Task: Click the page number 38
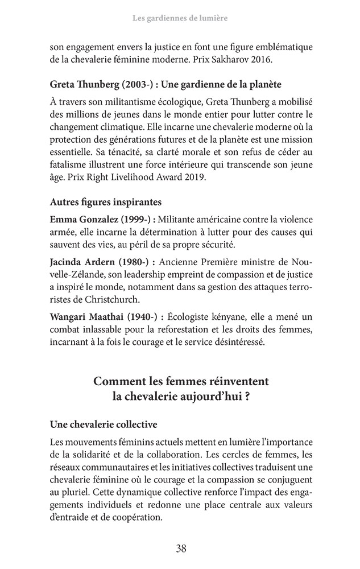tap(181, 549)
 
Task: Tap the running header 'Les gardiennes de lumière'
tap(180, 19)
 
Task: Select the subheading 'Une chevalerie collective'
tap(104, 424)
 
